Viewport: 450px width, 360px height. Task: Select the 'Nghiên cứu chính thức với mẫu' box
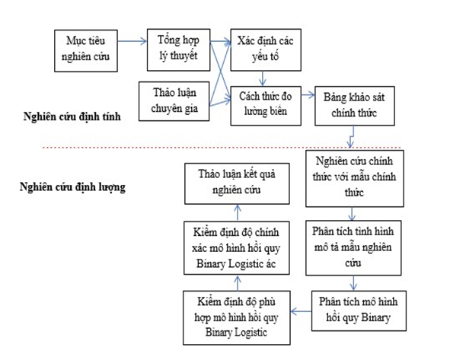(352, 177)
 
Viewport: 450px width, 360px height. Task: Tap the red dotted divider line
(228, 147)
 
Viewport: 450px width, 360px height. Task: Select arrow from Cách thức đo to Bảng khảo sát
(306, 96)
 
